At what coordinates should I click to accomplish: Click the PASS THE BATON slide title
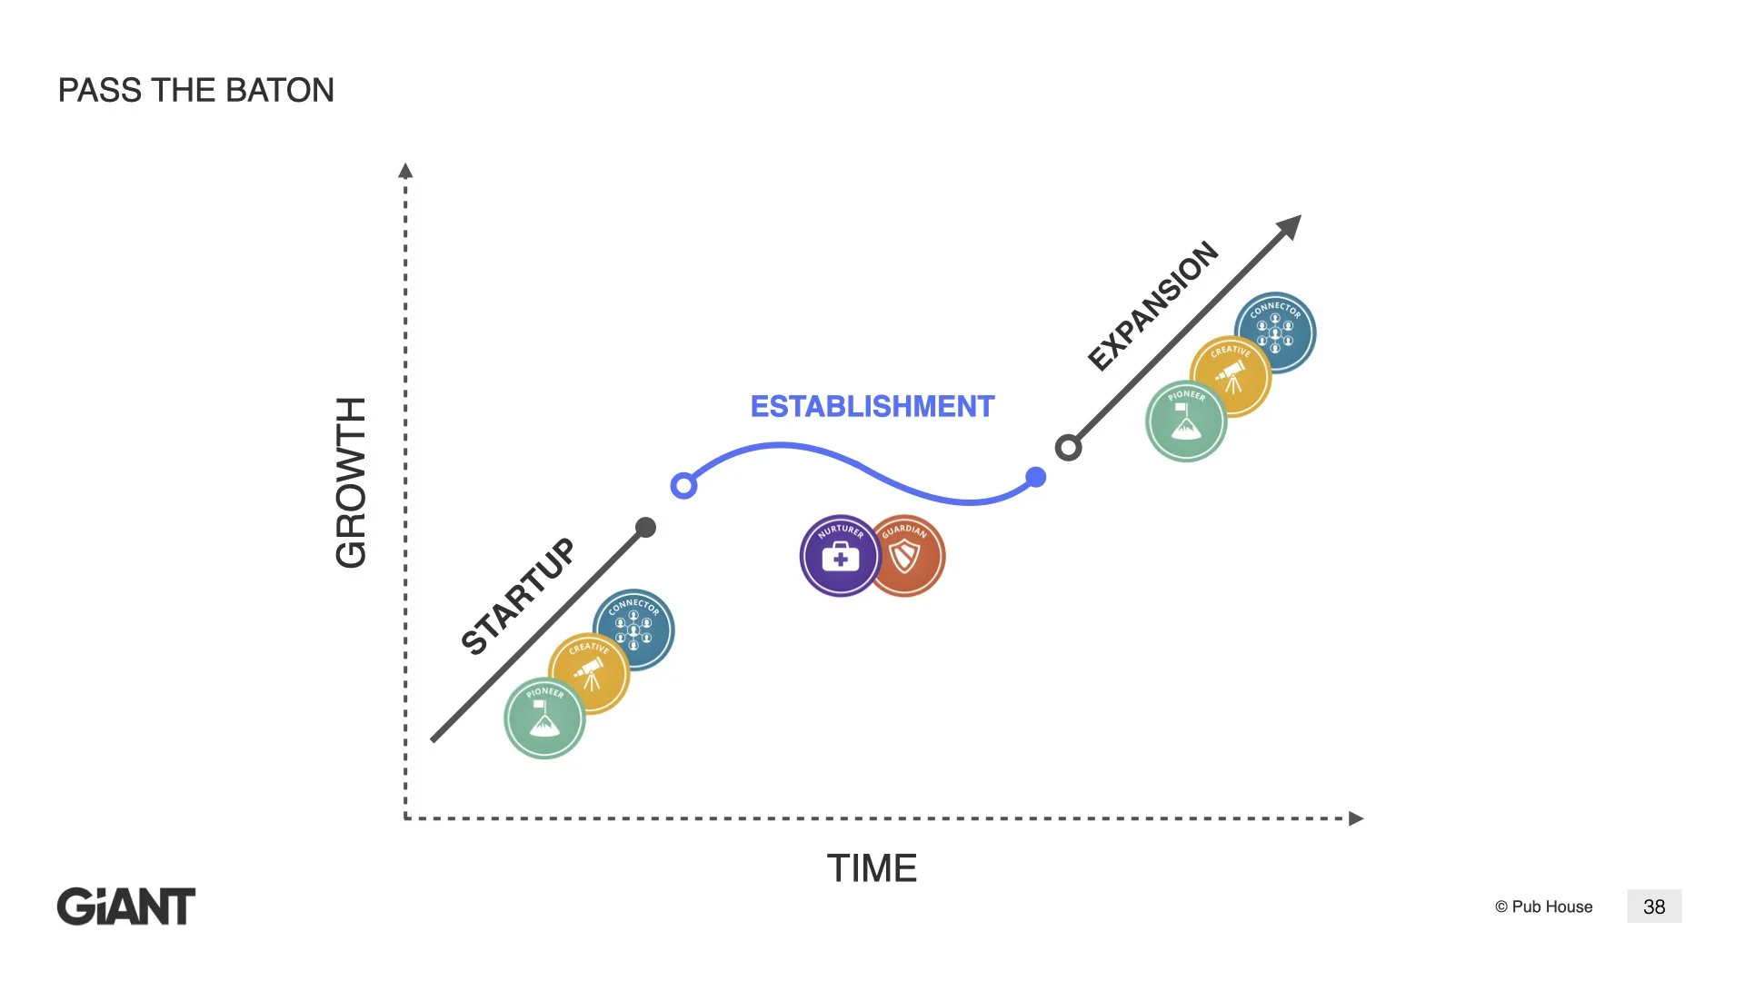click(196, 91)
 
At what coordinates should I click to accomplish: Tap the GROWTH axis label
click(351, 482)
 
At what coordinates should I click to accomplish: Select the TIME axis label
click(872, 868)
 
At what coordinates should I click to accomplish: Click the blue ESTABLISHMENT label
click(872, 406)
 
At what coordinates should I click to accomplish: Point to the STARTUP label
click(518, 596)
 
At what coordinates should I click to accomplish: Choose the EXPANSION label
click(1152, 306)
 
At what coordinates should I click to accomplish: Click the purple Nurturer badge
click(839, 556)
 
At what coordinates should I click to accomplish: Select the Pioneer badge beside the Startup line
click(544, 718)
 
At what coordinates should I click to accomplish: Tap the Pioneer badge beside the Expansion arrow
click(1186, 421)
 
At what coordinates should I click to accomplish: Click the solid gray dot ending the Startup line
click(645, 528)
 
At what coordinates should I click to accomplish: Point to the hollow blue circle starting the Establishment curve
click(683, 486)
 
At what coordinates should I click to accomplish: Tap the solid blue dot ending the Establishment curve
click(1035, 477)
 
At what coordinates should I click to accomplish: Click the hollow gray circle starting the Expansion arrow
click(1068, 448)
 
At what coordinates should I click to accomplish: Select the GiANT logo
click(126, 907)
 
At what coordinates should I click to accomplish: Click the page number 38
click(1654, 907)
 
